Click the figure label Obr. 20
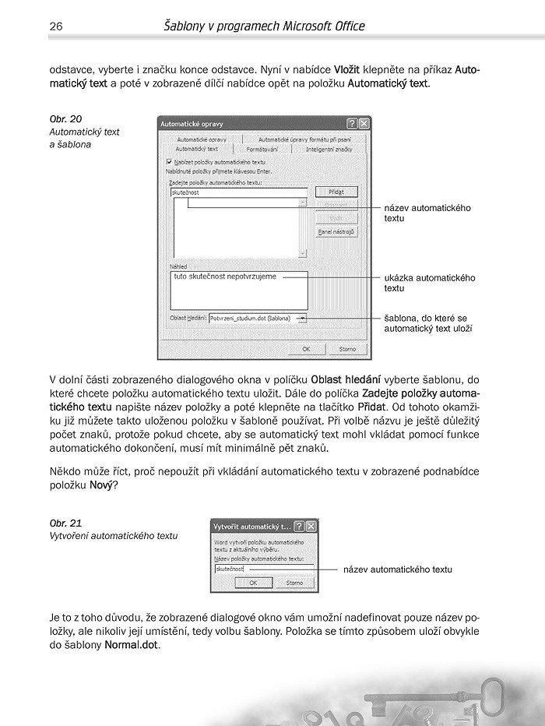[x=65, y=119]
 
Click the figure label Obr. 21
[x=65, y=523]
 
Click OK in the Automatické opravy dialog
[x=306, y=349]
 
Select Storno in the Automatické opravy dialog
[x=347, y=349]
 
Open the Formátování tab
[x=262, y=149]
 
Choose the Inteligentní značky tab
[x=329, y=149]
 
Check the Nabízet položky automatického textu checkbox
[x=170, y=161]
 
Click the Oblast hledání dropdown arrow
[x=302, y=318]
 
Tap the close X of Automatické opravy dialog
[x=363, y=124]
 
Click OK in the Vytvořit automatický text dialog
[x=255, y=582]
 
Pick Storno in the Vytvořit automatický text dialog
[x=294, y=582]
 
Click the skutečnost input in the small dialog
[x=263, y=569]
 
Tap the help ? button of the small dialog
[x=299, y=526]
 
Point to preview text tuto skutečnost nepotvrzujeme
[x=225, y=277]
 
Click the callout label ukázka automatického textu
[x=429, y=283]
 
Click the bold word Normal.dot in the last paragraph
[x=132, y=645]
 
